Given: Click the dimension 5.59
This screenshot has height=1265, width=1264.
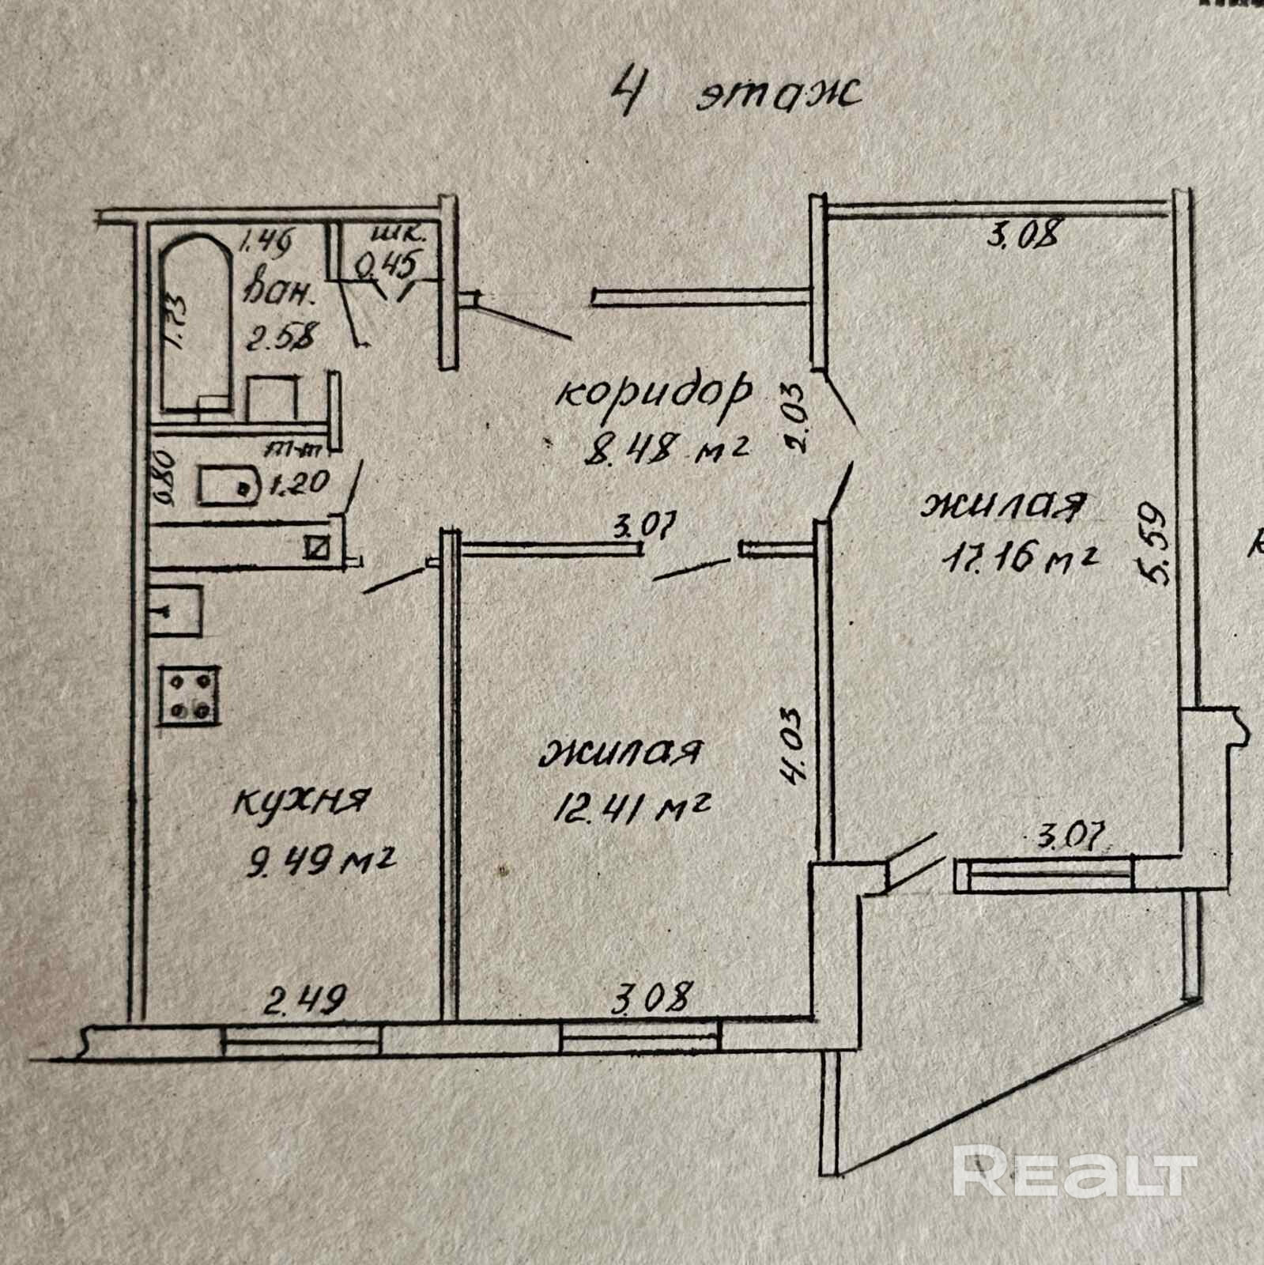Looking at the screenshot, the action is (1156, 543).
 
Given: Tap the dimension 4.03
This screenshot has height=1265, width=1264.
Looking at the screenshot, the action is (791, 743).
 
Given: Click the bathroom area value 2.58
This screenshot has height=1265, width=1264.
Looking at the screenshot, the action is (280, 337).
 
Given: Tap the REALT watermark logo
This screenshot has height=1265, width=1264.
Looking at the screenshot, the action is (1075, 1172).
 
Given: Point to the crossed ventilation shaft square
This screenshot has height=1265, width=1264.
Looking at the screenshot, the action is (319, 546).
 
